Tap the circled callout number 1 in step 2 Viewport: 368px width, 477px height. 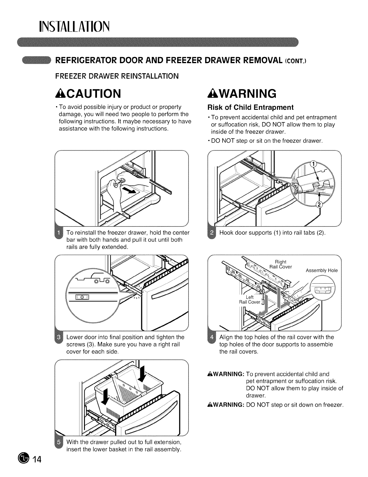tap(313, 165)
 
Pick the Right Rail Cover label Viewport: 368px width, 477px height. tap(280, 264)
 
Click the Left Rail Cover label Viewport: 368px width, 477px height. tap(250, 300)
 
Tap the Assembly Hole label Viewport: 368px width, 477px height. tap(322, 270)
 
